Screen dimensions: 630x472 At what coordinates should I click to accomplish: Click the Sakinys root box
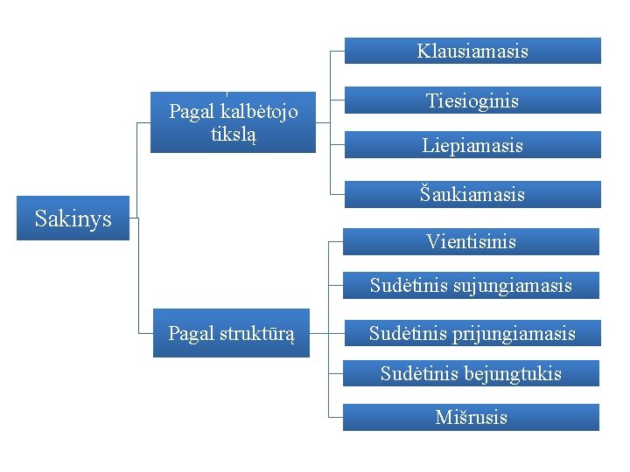73,218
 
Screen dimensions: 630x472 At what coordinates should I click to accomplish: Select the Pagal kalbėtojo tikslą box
233,122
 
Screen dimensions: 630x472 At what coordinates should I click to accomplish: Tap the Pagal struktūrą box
231,333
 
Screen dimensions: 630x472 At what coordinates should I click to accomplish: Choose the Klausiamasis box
472,51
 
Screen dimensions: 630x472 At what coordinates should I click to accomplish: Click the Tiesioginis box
472,101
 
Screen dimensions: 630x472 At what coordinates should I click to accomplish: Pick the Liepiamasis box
472,145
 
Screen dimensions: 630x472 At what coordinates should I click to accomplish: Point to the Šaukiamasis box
472,194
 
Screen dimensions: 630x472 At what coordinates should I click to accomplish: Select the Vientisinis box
471,241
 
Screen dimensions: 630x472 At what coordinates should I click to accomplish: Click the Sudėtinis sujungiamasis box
471,285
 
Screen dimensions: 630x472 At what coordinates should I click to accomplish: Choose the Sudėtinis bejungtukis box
471,374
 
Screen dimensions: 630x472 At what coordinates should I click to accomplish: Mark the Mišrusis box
471,417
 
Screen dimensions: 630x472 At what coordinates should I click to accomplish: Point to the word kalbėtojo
260,112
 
